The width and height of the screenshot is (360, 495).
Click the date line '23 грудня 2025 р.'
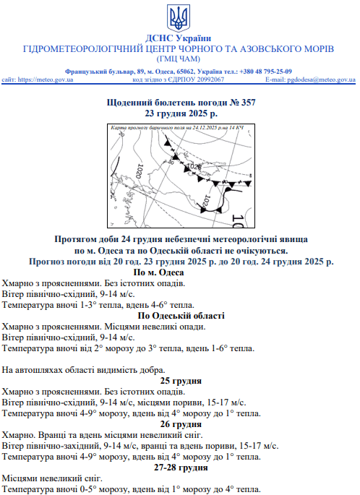180,114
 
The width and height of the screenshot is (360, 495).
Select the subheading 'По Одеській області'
180,316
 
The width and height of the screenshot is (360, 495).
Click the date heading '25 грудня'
180,381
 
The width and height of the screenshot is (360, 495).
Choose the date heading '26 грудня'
180,424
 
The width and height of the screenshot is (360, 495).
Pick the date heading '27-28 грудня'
180,468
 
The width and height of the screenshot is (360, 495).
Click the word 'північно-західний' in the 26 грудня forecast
59,446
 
